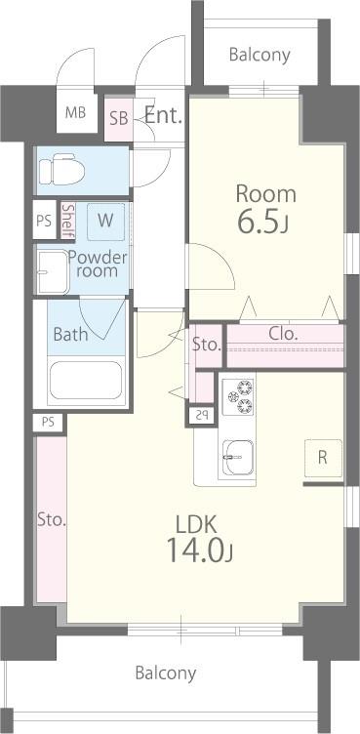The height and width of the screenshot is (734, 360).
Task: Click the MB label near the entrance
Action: (75, 113)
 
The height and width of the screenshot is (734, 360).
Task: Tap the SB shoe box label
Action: (119, 118)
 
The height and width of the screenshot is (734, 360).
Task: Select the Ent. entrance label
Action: (163, 115)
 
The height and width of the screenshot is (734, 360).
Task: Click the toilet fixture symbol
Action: (61, 171)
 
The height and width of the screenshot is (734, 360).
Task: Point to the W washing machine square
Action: (105, 222)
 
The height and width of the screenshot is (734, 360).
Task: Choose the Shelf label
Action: (68, 221)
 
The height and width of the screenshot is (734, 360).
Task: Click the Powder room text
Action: (98, 265)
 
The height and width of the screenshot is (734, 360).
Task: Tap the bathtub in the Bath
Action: (86, 380)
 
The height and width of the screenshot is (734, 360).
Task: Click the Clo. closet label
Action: (283, 334)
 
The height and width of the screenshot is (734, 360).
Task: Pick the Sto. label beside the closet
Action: (207, 346)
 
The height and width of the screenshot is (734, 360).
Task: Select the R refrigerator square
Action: (323, 458)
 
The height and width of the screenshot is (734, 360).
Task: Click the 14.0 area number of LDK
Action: (199, 551)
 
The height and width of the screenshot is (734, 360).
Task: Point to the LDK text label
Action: (196, 525)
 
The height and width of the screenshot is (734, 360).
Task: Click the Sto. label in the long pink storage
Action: (52, 520)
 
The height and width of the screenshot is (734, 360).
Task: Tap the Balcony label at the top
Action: (260, 55)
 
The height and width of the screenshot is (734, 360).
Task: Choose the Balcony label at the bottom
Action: (166, 673)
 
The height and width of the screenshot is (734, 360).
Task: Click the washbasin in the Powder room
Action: (53, 272)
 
